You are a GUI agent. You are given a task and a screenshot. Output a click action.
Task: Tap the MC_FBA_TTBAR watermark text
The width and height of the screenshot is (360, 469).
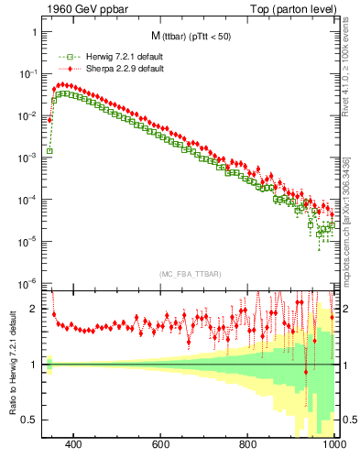(x=190, y=275)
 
